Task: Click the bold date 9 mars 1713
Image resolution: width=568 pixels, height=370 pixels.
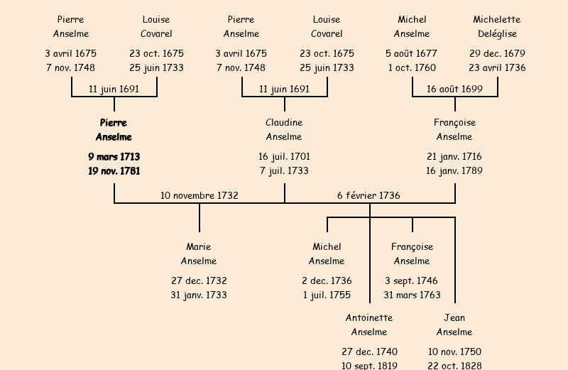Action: [114, 156]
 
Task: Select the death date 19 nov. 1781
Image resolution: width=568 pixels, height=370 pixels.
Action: [114, 171]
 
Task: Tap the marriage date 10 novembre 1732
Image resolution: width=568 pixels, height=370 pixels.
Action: [199, 195]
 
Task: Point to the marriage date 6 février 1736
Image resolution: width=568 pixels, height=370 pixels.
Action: [368, 195]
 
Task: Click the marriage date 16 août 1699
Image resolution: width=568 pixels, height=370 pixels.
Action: [454, 89]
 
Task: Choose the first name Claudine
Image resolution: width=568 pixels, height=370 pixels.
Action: [284, 123]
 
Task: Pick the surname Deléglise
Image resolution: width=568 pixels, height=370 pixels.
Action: [497, 34]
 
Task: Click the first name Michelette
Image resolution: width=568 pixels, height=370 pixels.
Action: [497, 20]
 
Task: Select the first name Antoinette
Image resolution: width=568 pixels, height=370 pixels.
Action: [369, 317]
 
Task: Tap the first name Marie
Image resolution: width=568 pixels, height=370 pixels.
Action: [199, 247]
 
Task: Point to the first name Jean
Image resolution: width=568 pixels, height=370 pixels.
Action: [454, 317]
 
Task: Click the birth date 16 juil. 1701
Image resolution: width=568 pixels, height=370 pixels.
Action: [284, 156]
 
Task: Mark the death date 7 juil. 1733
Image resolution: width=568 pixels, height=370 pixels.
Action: [284, 171]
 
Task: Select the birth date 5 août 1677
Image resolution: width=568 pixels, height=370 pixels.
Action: [412, 53]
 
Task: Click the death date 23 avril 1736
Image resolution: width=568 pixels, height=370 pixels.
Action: [497, 68]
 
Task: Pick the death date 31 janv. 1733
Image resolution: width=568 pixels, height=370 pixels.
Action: [199, 295]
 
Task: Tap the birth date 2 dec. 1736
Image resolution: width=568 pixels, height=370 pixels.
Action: [327, 281]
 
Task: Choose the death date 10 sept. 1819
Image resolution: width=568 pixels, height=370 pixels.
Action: [369, 366]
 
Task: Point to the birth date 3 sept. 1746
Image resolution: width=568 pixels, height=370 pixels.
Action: [412, 281]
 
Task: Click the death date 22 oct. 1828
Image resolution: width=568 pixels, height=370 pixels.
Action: [454, 366]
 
